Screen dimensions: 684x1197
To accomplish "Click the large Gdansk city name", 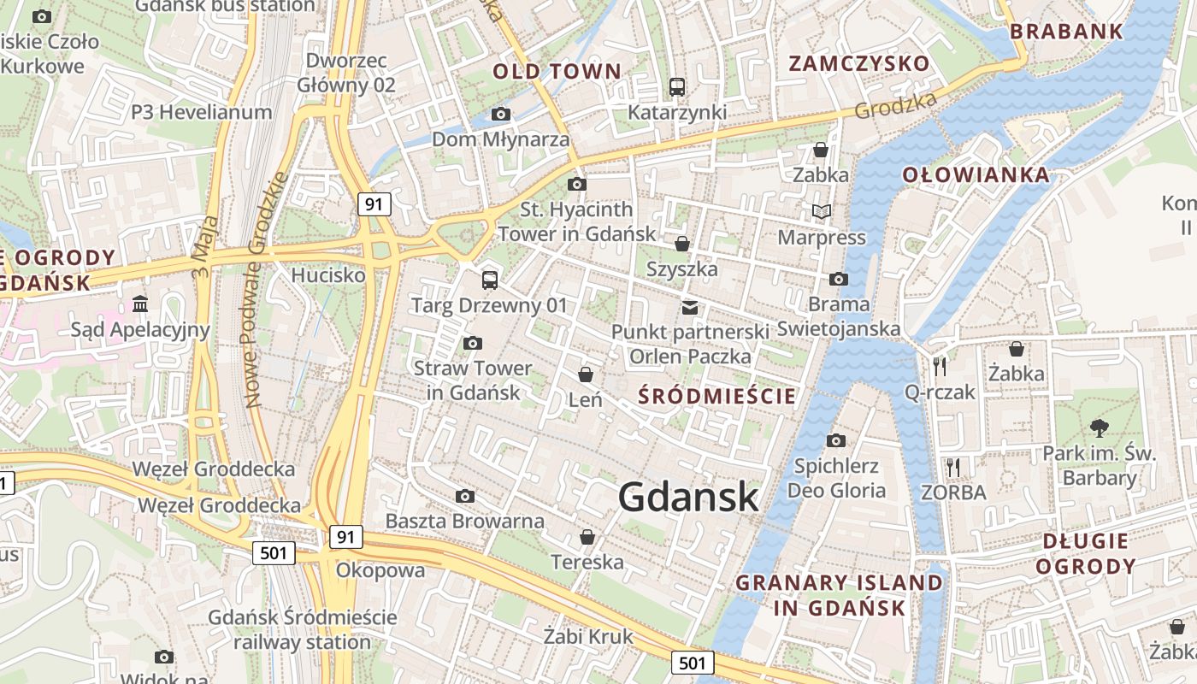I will coord(688,497).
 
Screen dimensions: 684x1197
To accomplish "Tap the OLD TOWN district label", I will coord(557,72).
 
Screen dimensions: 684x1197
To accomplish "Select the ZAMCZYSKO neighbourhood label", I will coord(858,63).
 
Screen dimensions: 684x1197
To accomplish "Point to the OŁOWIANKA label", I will coord(976,175).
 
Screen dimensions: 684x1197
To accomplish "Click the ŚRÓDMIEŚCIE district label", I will coord(717,396).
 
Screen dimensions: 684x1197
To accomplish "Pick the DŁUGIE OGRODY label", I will coord(1085,553).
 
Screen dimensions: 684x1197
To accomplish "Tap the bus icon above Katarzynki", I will coord(677,86).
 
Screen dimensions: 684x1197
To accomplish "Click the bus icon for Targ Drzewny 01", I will coord(489,280).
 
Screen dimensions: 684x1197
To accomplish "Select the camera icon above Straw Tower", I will coord(472,343).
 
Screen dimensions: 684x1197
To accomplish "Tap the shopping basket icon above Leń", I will coord(586,374).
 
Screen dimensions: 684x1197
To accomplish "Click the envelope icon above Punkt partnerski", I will coord(689,307).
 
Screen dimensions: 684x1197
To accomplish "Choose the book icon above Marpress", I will coord(821,211).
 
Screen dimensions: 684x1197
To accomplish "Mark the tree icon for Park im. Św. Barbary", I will coord(1099,427).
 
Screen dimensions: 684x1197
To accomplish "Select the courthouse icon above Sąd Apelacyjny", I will coord(140,304).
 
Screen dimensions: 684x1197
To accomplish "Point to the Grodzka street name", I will coord(895,105).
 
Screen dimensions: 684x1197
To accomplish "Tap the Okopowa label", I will coord(380,570).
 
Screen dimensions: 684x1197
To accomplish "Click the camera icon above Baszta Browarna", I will coord(464,496).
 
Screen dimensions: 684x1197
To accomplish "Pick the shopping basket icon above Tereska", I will coord(587,537).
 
